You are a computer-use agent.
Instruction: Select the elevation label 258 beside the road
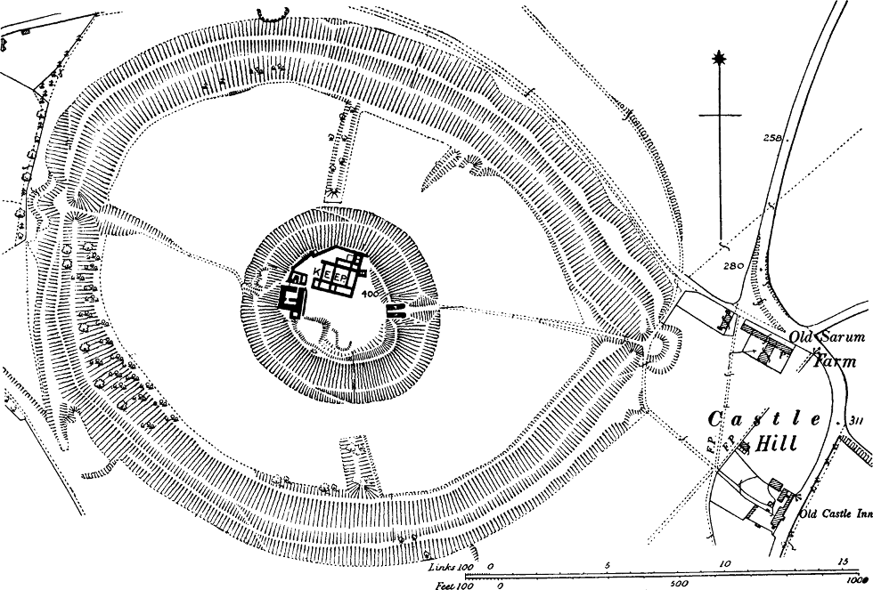(773, 138)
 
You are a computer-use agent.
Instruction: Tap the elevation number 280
(734, 266)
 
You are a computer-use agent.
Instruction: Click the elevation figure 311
(857, 420)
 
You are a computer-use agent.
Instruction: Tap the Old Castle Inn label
(834, 513)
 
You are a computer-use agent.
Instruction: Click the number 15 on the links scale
(842, 562)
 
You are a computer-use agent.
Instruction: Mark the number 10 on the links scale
(724, 562)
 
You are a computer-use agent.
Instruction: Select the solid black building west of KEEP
(292, 298)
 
